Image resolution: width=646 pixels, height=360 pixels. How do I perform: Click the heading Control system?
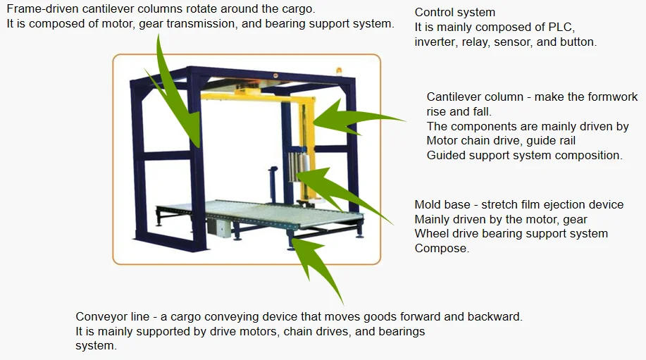[x=455, y=13]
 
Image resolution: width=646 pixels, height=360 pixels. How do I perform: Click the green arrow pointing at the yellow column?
[x=358, y=118]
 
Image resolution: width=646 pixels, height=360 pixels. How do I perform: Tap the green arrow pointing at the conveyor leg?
[x=317, y=267]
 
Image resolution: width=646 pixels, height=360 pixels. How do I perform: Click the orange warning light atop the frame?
[x=339, y=71]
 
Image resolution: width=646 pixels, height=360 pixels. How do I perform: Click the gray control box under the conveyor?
[x=219, y=227]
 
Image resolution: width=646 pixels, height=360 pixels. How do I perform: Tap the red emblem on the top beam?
[x=275, y=75]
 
